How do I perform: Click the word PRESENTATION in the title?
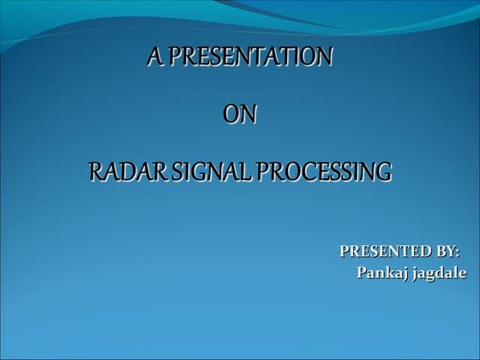pyautogui.click(x=250, y=57)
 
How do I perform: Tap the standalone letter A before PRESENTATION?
pyautogui.click(x=154, y=57)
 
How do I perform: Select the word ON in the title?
pyautogui.click(x=240, y=114)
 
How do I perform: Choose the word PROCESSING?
pyautogui.click(x=322, y=171)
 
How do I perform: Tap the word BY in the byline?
pyautogui.click(x=445, y=252)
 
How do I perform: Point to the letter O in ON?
pyautogui.click(x=231, y=114)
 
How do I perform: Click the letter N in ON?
pyautogui.click(x=249, y=114)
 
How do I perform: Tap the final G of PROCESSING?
pyautogui.click(x=384, y=171)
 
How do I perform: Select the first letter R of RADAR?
pyautogui.click(x=95, y=171)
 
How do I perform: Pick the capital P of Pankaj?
pyautogui.click(x=360, y=273)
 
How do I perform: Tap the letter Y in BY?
pyautogui.click(x=450, y=252)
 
